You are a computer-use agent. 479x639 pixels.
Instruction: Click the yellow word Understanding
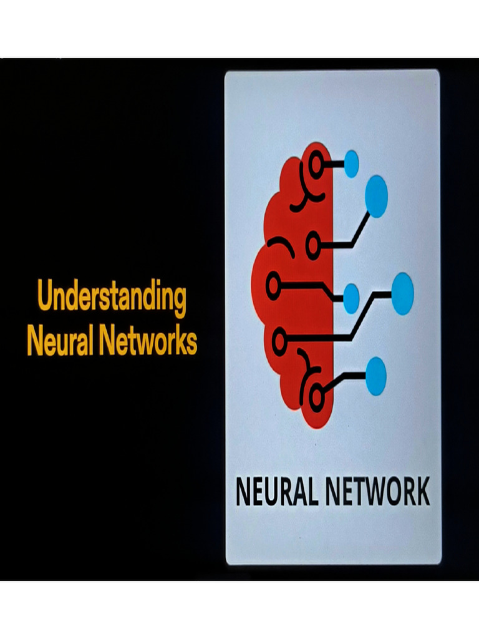pyautogui.click(x=112, y=298)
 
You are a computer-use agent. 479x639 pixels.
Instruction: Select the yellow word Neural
pyautogui.click(x=58, y=341)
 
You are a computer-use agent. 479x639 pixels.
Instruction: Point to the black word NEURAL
pyautogui.click(x=277, y=492)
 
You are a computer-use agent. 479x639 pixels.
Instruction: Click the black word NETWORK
pyautogui.click(x=377, y=492)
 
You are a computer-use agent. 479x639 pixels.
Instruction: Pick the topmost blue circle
pyautogui.click(x=352, y=163)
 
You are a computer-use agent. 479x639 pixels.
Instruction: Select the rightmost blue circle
pyautogui.click(x=402, y=293)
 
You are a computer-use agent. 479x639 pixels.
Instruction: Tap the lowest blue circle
pyautogui.click(x=375, y=376)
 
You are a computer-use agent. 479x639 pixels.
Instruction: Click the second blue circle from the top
pyautogui.click(x=376, y=196)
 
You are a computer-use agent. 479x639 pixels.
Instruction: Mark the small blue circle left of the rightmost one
pyautogui.click(x=351, y=298)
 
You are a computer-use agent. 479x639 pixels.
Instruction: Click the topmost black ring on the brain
pyautogui.click(x=317, y=164)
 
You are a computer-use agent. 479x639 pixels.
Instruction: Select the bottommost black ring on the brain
pyautogui.click(x=317, y=394)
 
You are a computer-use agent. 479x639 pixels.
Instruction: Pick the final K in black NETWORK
pyautogui.click(x=422, y=492)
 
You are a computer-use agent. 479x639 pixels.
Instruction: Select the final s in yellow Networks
pyautogui.click(x=191, y=343)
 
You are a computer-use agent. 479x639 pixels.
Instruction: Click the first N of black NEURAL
pyautogui.click(x=243, y=492)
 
